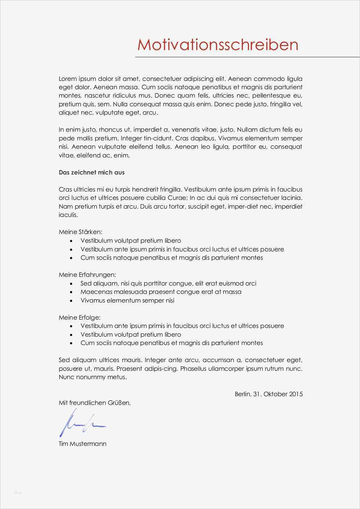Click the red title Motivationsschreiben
click(x=218, y=45)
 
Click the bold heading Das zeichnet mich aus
click(x=91, y=172)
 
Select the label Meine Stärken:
click(x=81, y=232)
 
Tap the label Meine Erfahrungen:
click(x=87, y=275)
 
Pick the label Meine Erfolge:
click(x=79, y=317)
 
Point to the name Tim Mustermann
click(x=82, y=444)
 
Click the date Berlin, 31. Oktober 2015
click(x=269, y=394)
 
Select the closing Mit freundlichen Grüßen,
click(x=94, y=403)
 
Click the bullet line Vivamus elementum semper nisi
click(x=127, y=300)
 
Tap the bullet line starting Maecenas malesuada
click(x=161, y=292)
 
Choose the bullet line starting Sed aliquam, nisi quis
click(x=168, y=283)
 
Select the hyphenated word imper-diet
click(x=257, y=206)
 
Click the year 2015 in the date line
click(x=296, y=394)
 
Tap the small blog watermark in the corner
click(x=18, y=492)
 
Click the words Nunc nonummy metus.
click(x=93, y=377)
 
